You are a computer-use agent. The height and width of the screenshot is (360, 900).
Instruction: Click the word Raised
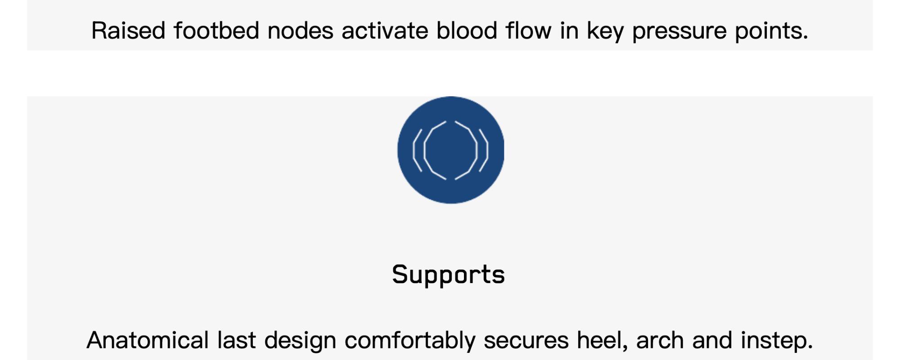(x=128, y=31)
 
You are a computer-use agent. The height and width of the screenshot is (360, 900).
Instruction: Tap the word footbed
(x=216, y=31)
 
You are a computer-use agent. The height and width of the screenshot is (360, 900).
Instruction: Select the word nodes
(x=300, y=31)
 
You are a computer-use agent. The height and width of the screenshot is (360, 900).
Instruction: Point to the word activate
(x=385, y=31)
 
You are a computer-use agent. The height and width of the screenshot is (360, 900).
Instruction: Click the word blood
(x=467, y=31)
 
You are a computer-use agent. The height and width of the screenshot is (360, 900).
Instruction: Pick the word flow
(x=528, y=31)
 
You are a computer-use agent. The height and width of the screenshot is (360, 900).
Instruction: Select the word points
(x=771, y=31)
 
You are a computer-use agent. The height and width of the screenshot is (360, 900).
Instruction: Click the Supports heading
(x=448, y=275)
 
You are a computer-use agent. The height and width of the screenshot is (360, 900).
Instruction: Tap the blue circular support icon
(x=450, y=150)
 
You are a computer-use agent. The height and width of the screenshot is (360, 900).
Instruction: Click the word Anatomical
(x=148, y=340)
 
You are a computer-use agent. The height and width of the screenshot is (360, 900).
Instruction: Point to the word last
(x=236, y=340)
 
